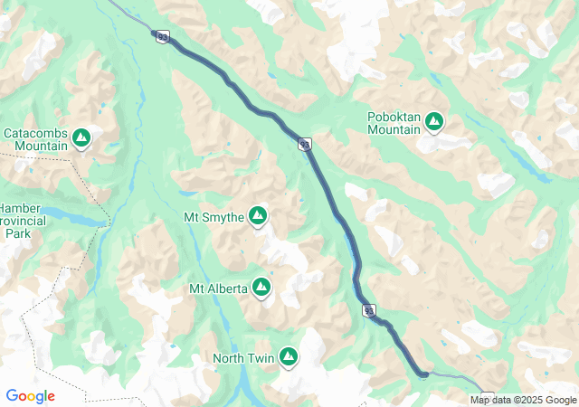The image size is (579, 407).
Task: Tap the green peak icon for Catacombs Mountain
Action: point(81,138)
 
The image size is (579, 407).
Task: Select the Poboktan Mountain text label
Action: point(394,123)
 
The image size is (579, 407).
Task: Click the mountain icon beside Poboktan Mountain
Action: point(434,121)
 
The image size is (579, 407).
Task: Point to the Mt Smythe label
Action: point(214,217)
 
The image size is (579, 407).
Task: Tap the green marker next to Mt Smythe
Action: point(258,215)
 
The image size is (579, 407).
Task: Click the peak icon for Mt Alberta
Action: point(262,287)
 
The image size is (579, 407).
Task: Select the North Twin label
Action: point(242,358)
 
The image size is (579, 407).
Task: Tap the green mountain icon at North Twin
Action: point(289,357)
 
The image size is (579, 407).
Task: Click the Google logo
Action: point(30,396)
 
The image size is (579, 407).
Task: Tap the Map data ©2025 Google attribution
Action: point(522,400)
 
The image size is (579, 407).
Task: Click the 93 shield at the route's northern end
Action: point(162,36)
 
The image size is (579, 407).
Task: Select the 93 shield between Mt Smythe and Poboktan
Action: point(305,144)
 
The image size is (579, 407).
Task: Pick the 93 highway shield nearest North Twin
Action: point(369,310)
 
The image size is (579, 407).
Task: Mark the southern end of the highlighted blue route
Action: point(422,373)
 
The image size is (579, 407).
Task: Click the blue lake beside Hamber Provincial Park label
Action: point(77,218)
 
